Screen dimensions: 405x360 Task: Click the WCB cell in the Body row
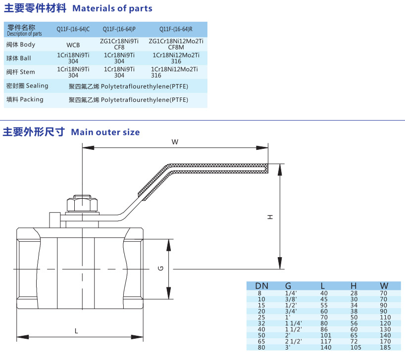(x=73, y=45)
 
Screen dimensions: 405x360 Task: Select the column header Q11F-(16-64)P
(x=119, y=29)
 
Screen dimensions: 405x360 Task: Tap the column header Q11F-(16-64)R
(x=176, y=29)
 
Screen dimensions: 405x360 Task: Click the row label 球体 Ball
(x=19, y=58)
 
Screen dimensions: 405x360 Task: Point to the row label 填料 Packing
(x=25, y=99)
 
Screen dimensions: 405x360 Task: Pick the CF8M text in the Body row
(x=176, y=47)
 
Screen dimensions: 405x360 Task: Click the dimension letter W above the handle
(x=175, y=142)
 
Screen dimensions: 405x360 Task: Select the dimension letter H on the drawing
(x=270, y=217)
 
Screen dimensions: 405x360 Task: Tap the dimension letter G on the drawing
(x=160, y=269)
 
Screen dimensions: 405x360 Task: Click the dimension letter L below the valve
(x=76, y=331)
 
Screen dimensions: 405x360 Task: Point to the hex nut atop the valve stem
(x=82, y=204)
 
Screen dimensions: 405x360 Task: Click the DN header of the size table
(x=261, y=286)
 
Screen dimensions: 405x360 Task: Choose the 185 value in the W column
(x=385, y=347)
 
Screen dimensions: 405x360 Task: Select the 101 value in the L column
(x=325, y=335)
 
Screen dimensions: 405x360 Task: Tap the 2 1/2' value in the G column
(x=294, y=341)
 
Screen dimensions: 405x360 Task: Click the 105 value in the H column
(x=355, y=347)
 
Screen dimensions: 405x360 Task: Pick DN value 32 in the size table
(x=261, y=323)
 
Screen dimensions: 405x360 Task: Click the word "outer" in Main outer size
(x=108, y=133)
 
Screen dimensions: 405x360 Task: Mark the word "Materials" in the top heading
(x=93, y=8)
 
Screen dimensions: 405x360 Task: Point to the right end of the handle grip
(x=268, y=168)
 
